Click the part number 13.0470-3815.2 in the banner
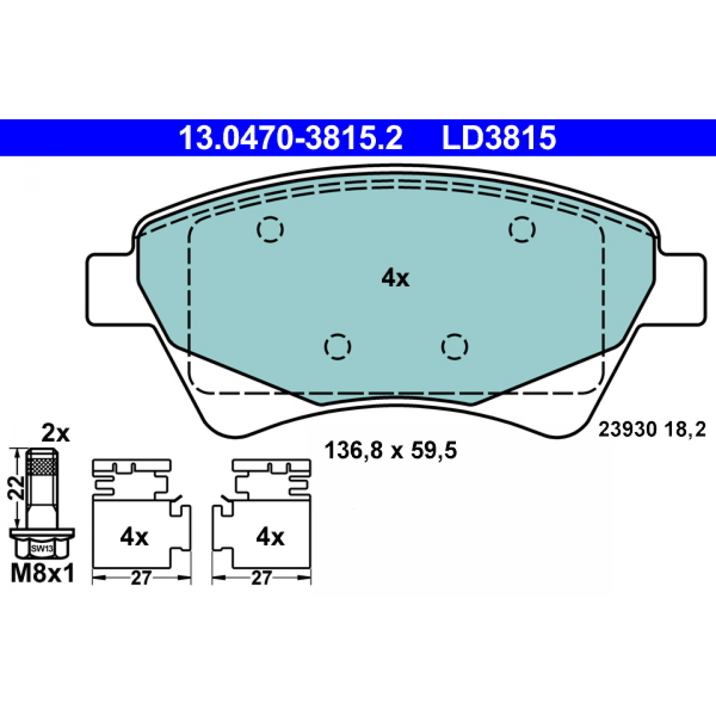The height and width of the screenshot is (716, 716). coord(290,138)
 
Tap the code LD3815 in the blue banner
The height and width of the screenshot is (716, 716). coord(499,138)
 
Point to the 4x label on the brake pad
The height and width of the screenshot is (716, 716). coord(395,278)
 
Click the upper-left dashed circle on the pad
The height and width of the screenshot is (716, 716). coord(270,229)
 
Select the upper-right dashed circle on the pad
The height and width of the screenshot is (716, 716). coord(522,229)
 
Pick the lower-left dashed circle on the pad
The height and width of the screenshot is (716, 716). coord(338,347)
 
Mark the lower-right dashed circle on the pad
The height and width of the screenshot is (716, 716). coord(454,347)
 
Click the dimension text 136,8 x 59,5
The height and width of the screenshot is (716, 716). coord(390,451)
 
